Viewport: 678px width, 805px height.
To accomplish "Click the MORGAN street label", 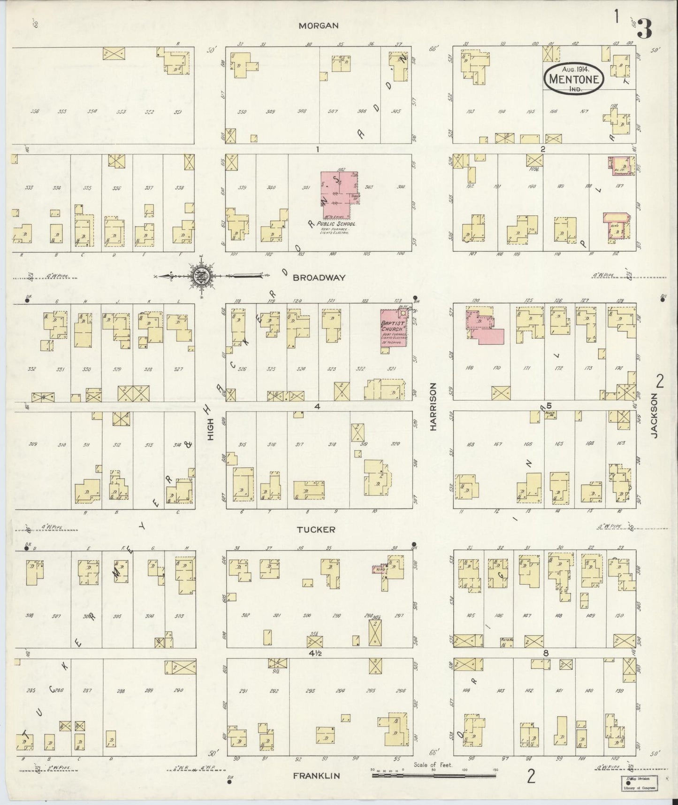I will pyautogui.click(x=319, y=26).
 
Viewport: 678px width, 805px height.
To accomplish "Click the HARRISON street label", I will pyautogui.click(x=434, y=407).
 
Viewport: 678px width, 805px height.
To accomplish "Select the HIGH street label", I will pyautogui.click(x=211, y=430).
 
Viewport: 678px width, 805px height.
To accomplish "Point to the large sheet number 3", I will pyautogui.click(x=644, y=28).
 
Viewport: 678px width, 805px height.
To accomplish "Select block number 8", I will pyautogui.click(x=546, y=653).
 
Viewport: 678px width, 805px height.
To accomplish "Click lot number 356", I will pyautogui.click(x=34, y=112).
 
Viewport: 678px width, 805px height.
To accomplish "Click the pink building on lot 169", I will pyautogui.click(x=483, y=329).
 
